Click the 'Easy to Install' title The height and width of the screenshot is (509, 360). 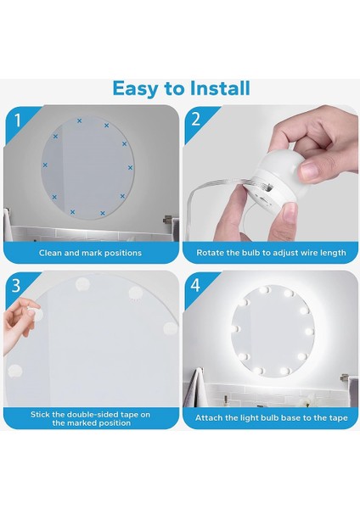181,87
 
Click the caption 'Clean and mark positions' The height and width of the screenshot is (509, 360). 90,253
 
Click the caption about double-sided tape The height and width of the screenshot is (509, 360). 90,418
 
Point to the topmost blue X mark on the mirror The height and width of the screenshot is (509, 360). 80,121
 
